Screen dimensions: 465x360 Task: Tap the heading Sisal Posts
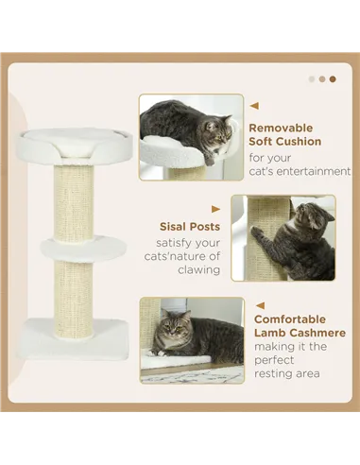click(x=189, y=227)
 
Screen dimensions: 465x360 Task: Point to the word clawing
click(x=199, y=269)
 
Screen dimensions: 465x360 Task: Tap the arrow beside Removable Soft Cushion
click(x=254, y=106)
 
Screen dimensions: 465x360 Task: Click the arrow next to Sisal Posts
click(x=216, y=209)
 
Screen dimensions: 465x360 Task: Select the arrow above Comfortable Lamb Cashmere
click(x=259, y=305)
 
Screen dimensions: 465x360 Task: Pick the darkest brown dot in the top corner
click(x=332, y=79)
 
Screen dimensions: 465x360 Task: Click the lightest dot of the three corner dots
click(x=312, y=79)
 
